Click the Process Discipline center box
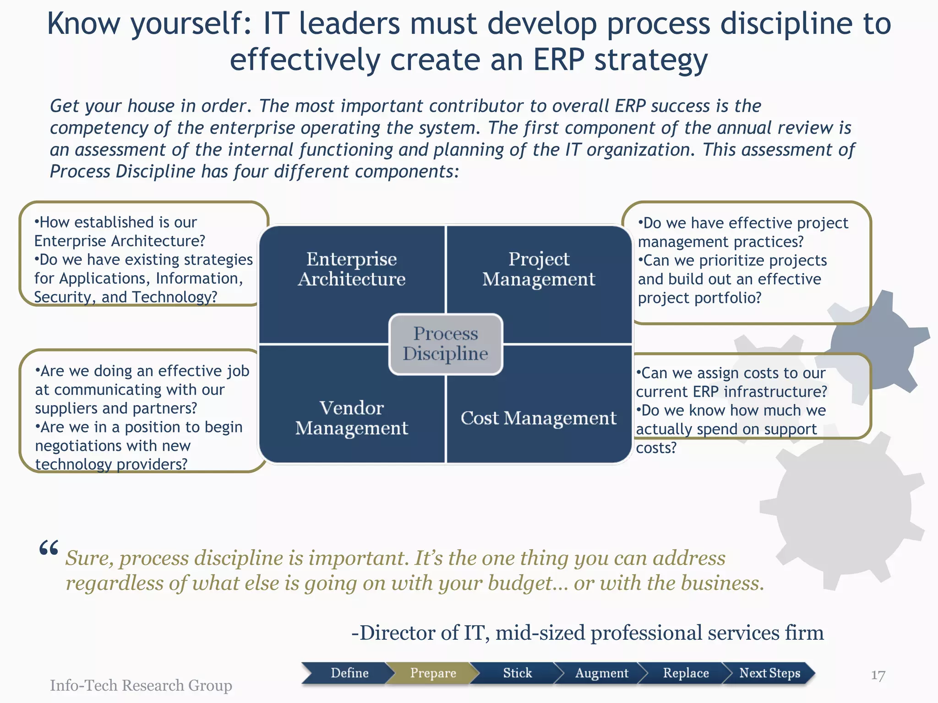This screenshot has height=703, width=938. point(446,344)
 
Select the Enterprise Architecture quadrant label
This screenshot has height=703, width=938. point(352,269)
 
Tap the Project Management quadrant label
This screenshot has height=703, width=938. point(539,269)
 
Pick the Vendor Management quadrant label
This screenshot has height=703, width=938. point(352,418)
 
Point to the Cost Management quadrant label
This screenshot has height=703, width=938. point(539,418)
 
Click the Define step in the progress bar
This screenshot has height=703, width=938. point(349,673)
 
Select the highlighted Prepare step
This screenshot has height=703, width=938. point(433,673)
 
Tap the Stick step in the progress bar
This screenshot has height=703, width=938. point(517,673)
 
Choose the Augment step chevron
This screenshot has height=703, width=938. point(601,673)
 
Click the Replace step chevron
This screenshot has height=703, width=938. point(686,673)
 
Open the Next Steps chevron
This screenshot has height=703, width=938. point(769,673)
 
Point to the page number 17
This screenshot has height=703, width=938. point(878,676)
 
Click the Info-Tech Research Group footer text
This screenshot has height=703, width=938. point(141,685)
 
